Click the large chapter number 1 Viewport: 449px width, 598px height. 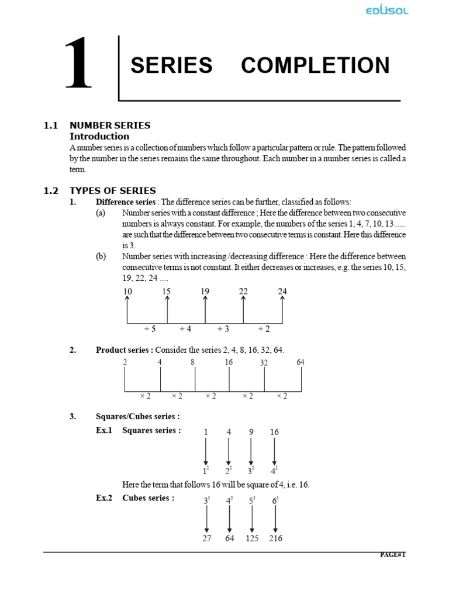click(x=78, y=65)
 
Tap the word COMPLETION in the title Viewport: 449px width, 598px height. click(x=315, y=65)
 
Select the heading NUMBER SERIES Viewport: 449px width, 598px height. click(x=110, y=125)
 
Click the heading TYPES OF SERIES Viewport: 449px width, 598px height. click(x=113, y=190)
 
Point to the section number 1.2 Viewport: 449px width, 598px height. click(x=51, y=190)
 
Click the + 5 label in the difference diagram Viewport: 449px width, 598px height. click(x=150, y=329)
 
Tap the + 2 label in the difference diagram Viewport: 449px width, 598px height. click(x=264, y=329)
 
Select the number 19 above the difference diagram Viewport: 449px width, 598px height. click(x=205, y=291)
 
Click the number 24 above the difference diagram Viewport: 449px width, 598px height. click(x=282, y=291)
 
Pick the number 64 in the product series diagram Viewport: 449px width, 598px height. click(x=301, y=362)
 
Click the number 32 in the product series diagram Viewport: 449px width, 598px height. click(x=264, y=363)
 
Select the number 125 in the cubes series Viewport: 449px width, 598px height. click(x=252, y=538)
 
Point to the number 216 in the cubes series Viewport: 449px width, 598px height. click(x=275, y=538)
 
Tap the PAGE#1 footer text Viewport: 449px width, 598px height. click(x=392, y=555)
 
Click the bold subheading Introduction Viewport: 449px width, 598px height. click(x=99, y=136)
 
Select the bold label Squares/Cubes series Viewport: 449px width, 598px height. click(x=137, y=416)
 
